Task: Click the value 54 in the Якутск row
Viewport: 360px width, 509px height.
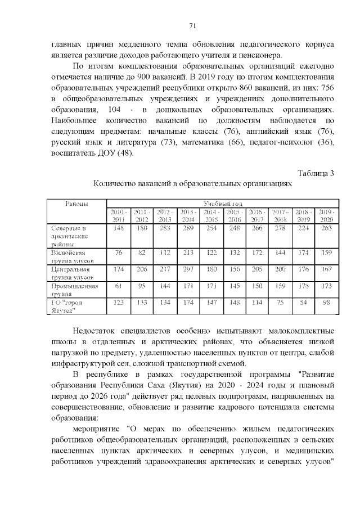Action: tap(303, 302)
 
